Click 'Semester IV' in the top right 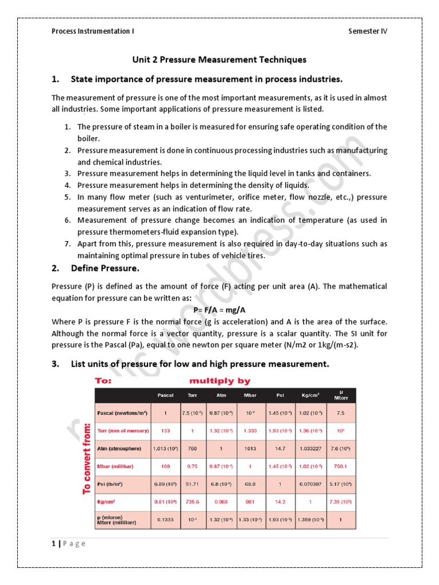point(368,31)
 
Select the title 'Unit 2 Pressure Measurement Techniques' point(219,59)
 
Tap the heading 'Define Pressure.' point(105,268)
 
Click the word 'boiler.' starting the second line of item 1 point(89,138)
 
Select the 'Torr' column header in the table point(192,395)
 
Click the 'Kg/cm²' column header point(311,395)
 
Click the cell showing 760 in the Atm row point(192,448)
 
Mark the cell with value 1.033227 point(311,448)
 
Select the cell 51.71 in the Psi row point(192,484)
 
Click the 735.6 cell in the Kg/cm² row point(192,502)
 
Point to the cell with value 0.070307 point(311,484)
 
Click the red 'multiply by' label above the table point(219,380)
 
